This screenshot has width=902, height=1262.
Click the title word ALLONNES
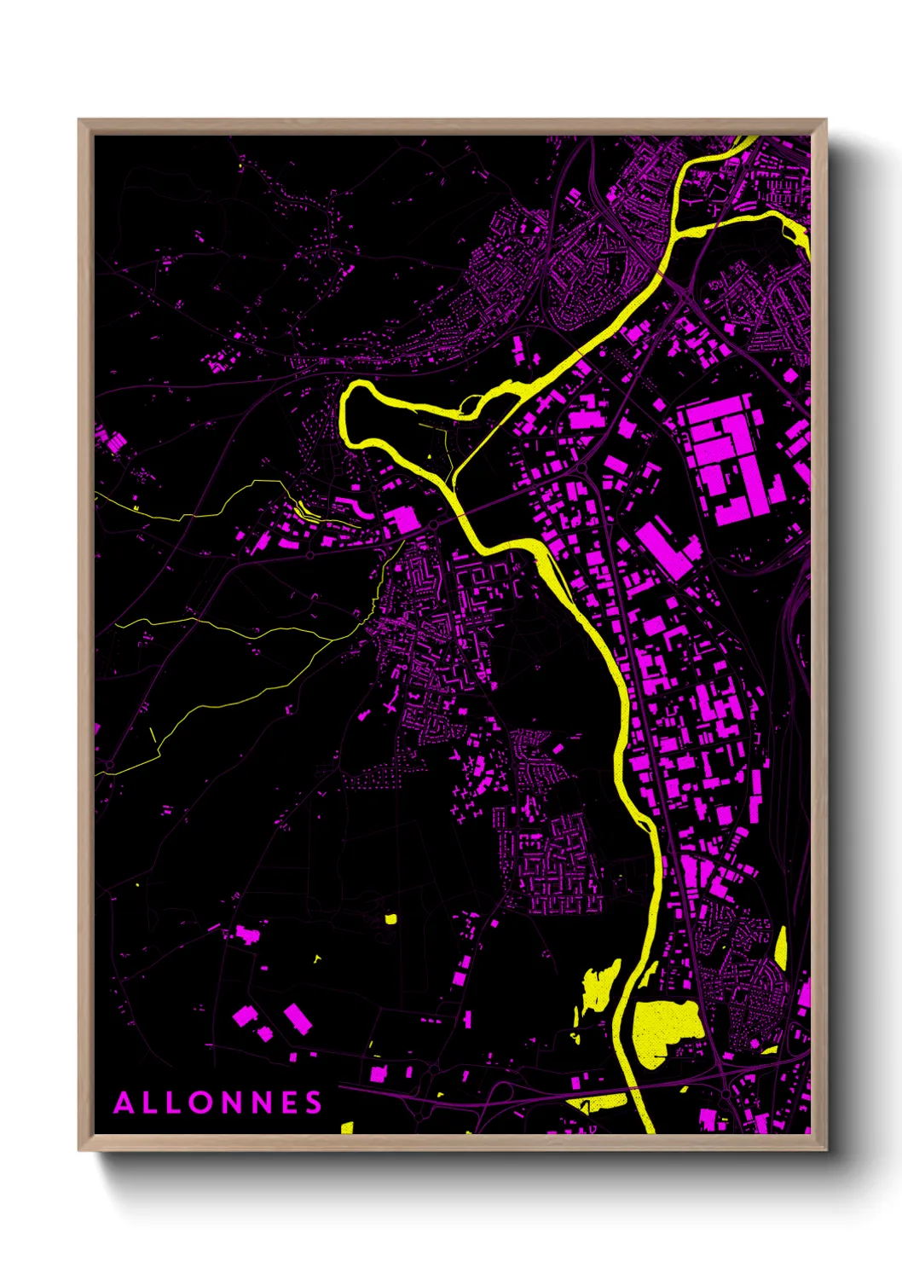pyautogui.click(x=218, y=1103)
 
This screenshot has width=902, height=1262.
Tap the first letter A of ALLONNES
pyautogui.click(x=124, y=1103)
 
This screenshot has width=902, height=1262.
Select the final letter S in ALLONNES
pyautogui.click(x=315, y=1103)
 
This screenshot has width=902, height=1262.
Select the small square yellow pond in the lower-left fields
pyautogui.click(x=390, y=919)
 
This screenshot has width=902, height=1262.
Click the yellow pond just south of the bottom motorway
pyautogui.click(x=607, y=1102)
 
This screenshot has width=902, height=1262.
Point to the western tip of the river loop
pyautogui.click(x=345, y=408)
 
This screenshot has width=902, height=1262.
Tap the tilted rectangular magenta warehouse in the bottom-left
pyautogui.click(x=298, y=1018)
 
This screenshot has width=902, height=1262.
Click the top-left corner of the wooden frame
pyautogui.click(x=80, y=121)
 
